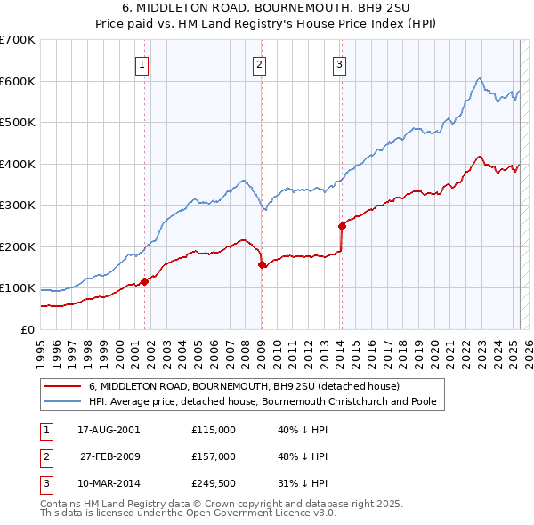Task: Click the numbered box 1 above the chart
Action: tap(142, 63)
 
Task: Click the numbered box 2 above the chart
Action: tap(258, 63)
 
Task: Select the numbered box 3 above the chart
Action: tap(340, 63)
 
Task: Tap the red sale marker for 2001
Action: tap(144, 281)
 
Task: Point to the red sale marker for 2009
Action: tap(262, 264)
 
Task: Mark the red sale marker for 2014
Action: tap(341, 226)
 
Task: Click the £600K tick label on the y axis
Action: tap(18, 81)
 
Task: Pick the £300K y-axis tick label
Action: tap(18, 206)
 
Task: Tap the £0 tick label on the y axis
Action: tap(27, 330)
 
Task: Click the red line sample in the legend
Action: tap(63, 387)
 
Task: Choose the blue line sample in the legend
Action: tap(63, 401)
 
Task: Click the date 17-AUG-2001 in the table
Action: tap(109, 430)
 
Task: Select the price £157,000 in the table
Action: tap(214, 456)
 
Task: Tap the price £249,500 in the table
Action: tap(214, 483)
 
